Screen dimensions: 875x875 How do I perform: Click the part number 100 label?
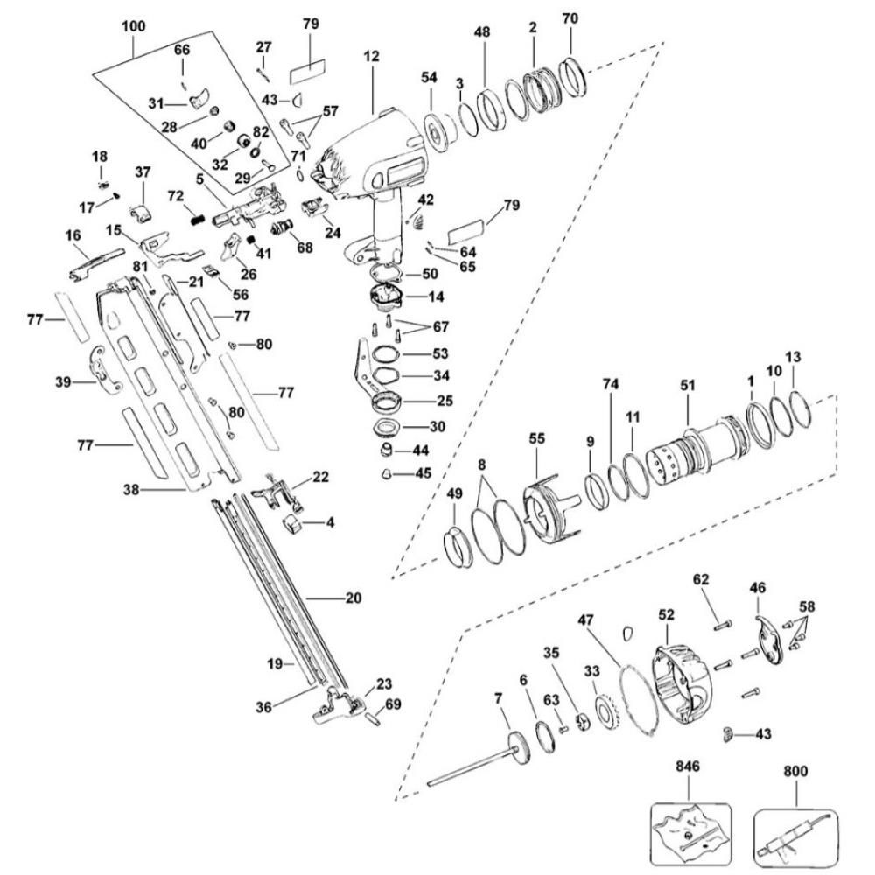tap(133, 27)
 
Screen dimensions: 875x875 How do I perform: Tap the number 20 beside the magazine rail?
tap(353, 598)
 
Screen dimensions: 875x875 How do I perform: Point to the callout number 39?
tap(61, 382)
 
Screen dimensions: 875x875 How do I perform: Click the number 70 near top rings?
tap(570, 18)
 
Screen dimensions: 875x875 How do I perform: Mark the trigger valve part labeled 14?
tap(385, 299)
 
